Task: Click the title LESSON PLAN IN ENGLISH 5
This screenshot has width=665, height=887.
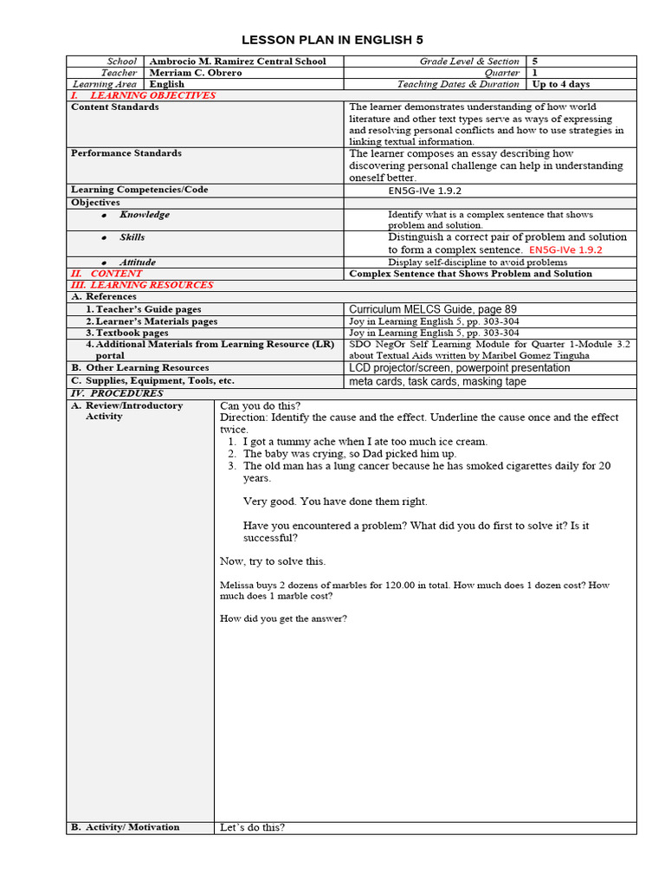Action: coord(332,41)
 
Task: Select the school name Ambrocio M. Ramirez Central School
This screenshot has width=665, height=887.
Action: coord(237,62)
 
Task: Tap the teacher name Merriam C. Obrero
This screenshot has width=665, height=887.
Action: coord(196,73)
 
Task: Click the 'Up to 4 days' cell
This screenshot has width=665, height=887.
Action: coord(560,84)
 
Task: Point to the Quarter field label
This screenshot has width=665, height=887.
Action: coord(502,73)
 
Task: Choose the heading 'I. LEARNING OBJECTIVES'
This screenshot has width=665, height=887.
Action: coord(143,95)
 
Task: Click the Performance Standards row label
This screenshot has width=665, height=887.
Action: coord(126,153)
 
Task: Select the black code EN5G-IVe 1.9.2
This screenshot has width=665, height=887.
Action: coord(431,191)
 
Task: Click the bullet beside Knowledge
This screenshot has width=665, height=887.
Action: coord(104,215)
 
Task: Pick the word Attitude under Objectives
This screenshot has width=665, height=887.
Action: coord(138,262)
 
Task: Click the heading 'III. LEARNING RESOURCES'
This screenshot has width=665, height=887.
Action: coord(141,285)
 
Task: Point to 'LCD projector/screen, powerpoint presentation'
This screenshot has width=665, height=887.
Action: coord(459,368)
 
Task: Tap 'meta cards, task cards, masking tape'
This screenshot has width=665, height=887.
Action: coord(437,381)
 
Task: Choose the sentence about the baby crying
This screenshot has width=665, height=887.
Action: coord(349,454)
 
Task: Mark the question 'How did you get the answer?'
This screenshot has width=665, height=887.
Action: coord(283,618)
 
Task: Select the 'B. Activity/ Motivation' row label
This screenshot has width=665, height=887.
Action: coord(126,827)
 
